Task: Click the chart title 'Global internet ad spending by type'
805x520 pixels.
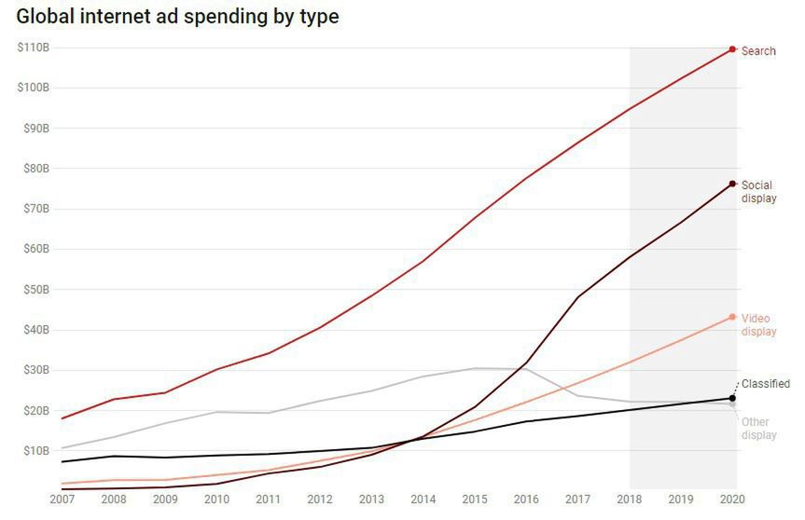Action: [177, 17]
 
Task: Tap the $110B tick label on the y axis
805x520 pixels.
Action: [33, 48]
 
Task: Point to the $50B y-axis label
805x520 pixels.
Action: [35, 290]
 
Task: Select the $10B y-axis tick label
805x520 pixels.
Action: [35, 451]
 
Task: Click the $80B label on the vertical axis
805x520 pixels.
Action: [35, 169]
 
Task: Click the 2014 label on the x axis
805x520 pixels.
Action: [424, 499]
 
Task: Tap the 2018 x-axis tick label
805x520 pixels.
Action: [630, 499]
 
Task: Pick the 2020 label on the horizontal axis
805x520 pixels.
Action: [733, 499]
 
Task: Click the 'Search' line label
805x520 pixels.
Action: [757, 51]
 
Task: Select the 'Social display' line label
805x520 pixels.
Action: [758, 192]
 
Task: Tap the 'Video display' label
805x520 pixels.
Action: [758, 325]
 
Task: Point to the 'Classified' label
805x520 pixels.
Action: [765, 384]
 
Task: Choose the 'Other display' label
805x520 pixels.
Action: [758, 429]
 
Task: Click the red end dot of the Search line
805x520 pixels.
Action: [732, 49]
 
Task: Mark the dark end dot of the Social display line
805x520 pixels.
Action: [732, 184]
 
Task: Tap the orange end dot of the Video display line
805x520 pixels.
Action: [732, 317]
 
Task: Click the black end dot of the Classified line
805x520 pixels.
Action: [732, 399]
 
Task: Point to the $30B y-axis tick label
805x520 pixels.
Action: [35, 370]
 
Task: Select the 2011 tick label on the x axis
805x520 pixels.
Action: [269, 499]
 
